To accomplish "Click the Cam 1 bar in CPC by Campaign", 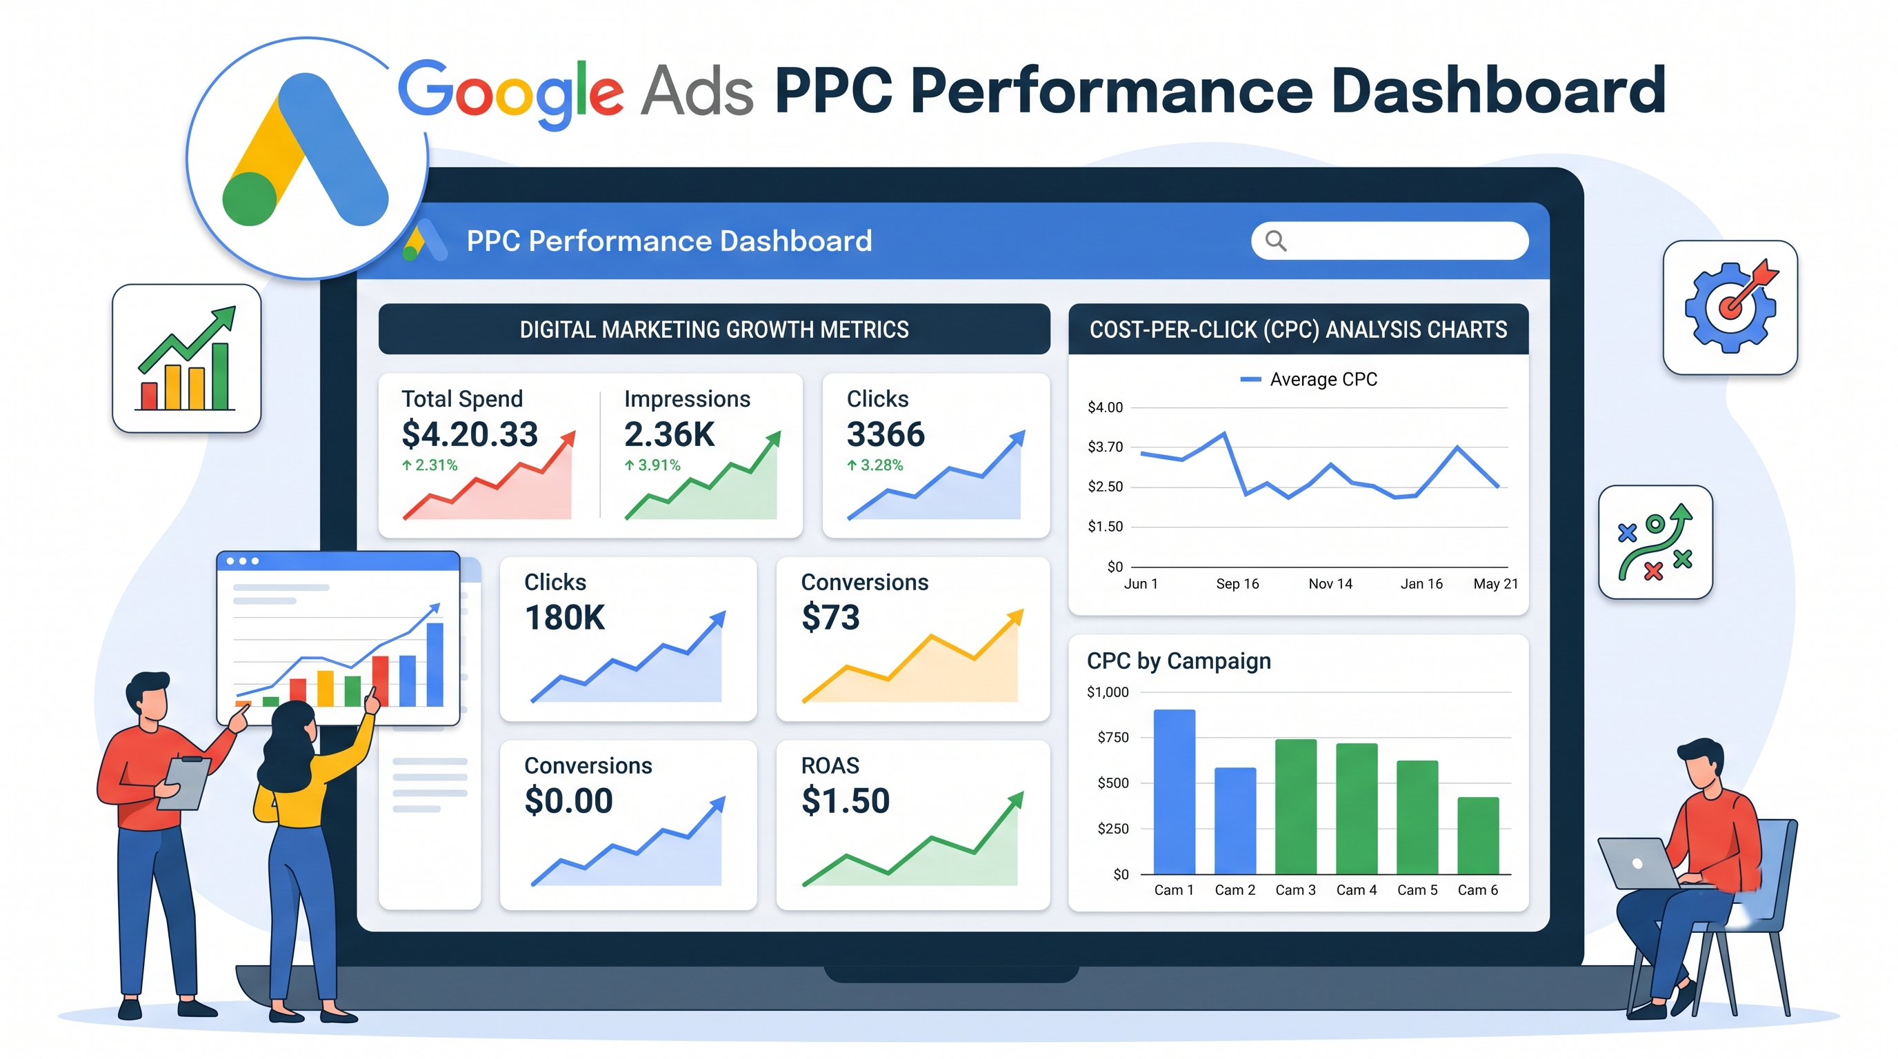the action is click(x=1174, y=791).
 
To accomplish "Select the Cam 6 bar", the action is click(x=1478, y=836).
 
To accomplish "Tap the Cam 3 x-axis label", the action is click(x=1295, y=890).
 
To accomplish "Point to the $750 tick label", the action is click(x=1112, y=737).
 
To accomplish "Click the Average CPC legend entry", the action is click(x=1308, y=379).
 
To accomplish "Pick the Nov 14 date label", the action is click(x=1330, y=584).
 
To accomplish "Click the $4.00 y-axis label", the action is click(x=1105, y=407).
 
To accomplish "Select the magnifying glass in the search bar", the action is click(x=1276, y=241).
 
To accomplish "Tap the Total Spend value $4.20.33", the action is click(x=470, y=434).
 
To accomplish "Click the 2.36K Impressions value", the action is click(x=669, y=434).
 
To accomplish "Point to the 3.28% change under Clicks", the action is click(x=875, y=465).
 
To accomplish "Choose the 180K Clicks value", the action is click(x=564, y=617).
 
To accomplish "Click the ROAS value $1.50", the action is click(x=845, y=800).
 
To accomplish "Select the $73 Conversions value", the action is click(x=830, y=617).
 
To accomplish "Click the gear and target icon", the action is click(x=1730, y=307).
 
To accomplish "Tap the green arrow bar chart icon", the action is click(x=186, y=358).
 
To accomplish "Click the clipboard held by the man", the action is click(x=184, y=782).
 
